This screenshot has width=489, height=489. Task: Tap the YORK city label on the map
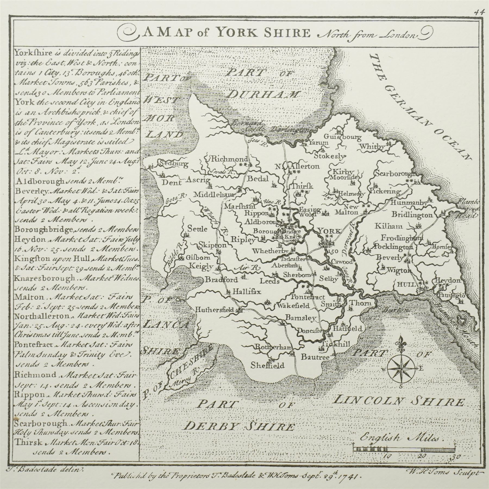[329, 231]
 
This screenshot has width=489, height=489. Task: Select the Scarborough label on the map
[395, 173]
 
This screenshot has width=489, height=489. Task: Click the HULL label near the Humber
[407, 284]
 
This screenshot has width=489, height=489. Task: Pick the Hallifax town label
[246, 292]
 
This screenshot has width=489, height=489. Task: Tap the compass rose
[401, 368]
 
